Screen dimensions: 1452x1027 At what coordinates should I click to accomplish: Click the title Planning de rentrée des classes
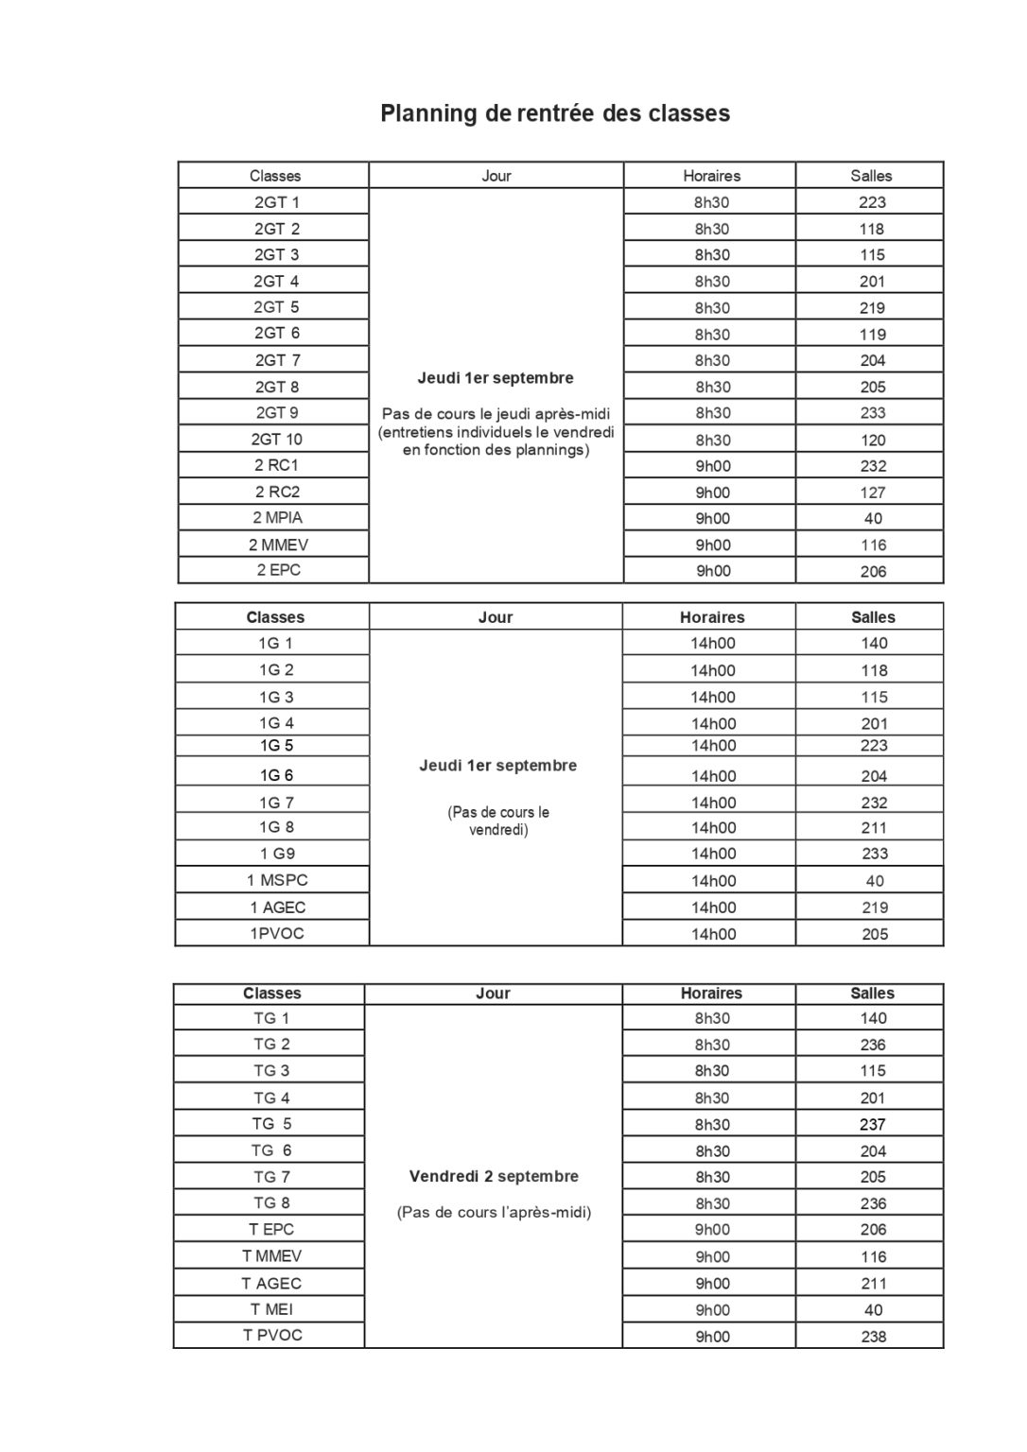[555, 113]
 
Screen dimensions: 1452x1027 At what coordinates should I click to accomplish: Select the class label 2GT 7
[277, 360]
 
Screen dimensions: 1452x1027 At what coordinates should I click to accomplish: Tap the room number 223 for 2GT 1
[872, 202]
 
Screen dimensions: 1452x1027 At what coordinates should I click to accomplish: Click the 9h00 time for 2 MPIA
[713, 518]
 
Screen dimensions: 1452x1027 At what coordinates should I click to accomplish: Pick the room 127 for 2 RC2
[873, 493]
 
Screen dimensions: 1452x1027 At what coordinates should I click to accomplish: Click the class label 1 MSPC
[277, 880]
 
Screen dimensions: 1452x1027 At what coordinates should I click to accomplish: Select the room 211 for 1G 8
[874, 828]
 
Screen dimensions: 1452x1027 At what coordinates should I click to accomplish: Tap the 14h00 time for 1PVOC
[713, 934]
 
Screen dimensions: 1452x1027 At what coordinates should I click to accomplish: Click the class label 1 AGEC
[277, 907]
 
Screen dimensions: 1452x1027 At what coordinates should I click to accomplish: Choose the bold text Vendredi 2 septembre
[494, 1177]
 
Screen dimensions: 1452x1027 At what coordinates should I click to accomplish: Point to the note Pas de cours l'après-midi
[494, 1213]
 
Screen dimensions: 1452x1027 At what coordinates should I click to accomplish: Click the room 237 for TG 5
[873, 1125]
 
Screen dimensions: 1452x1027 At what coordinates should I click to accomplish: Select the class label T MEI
[271, 1309]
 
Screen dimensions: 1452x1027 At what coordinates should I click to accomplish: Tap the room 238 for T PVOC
[873, 1337]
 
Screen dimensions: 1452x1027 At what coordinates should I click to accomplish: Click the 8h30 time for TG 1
[712, 1019]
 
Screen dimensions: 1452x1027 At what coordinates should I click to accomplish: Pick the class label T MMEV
[271, 1256]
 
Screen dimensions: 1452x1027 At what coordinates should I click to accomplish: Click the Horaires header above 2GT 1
[711, 176]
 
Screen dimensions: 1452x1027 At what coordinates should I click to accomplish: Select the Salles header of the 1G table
[873, 617]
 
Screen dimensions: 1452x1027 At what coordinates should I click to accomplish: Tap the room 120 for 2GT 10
[873, 441]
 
